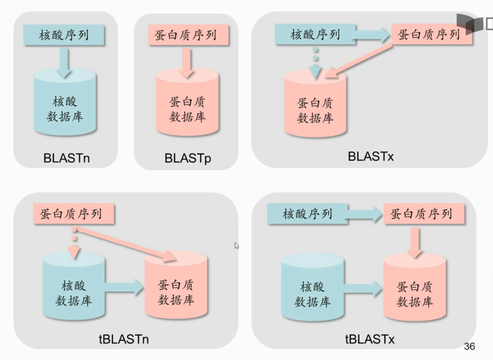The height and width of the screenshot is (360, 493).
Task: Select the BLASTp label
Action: pos(188,158)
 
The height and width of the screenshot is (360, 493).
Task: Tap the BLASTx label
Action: pos(371,156)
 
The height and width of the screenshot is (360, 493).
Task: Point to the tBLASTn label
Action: pos(124,339)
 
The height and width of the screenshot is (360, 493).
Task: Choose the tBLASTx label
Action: pos(370,339)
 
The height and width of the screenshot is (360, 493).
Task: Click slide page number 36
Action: pos(469,347)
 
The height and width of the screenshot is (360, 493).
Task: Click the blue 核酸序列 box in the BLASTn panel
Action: pos(64,35)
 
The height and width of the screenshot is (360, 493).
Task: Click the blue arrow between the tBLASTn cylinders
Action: pos(125,287)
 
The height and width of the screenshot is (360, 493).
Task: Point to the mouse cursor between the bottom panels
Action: pos(237,246)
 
